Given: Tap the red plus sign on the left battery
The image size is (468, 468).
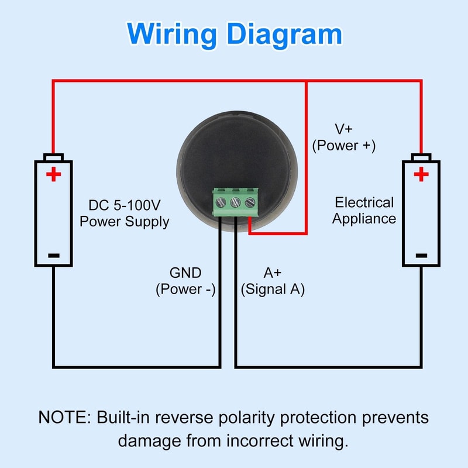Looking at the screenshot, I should pyautogui.click(x=53, y=174).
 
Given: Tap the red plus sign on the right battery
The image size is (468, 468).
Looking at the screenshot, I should pyautogui.click(x=421, y=174).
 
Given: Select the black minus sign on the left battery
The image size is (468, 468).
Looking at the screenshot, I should pyautogui.click(x=53, y=255).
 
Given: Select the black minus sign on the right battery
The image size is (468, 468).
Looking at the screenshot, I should pyautogui.click(x=421, y=255).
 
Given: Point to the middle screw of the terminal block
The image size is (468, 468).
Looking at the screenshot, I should pyautogui.click(x=236, y=202).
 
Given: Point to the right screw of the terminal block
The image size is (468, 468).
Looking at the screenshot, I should pyautogui.click(x=250, y=202).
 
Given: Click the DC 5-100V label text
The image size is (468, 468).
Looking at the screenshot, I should pyautogui.click(x=124, y=206).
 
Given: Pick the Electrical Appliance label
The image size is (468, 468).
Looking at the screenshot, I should pyautogui.click(x=364, y=211).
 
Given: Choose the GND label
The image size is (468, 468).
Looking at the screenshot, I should pyautogui.click(x=185, y=273).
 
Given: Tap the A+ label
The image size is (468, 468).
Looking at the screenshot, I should pyautogui.click(x=273, y=273).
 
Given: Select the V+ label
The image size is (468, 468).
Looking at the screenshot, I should pyautogui.click(x=344, y=129).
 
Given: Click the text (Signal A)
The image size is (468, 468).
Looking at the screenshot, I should pyautogui.click(x=273, y=289).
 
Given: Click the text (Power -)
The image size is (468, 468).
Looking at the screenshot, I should pyautogui.click(x=185, y=289).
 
